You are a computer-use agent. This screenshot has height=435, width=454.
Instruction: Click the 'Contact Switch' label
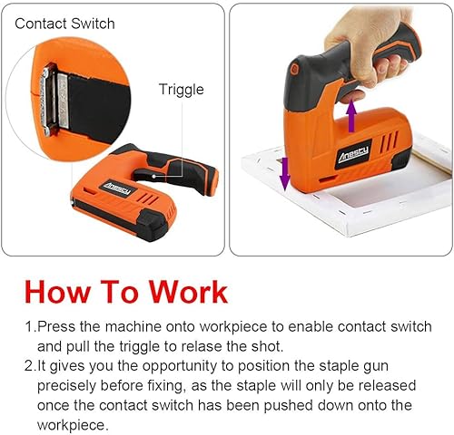click(x=64, y=23)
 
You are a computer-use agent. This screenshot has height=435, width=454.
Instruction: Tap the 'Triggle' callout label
click(x=181, y=90)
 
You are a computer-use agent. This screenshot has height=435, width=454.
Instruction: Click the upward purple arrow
click(x=350, y=116)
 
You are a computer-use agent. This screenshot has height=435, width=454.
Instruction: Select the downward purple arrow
click(x=284, y=172)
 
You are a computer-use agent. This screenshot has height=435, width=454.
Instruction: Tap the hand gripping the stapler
click(x=381, y=41)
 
